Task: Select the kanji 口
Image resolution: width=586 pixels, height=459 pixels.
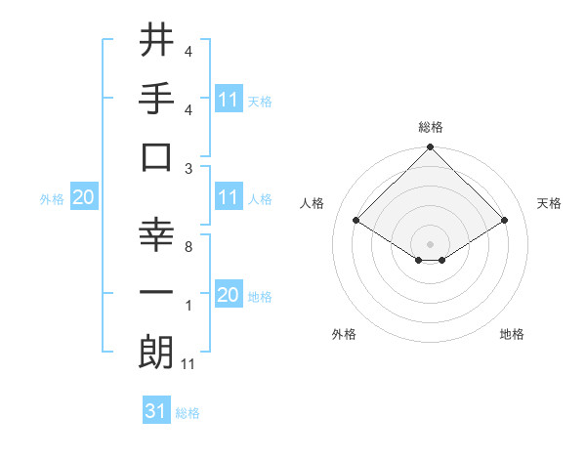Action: (157, 156)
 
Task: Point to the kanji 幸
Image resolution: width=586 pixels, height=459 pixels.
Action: (157, 234)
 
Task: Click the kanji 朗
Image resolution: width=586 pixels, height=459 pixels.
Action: (157, 352)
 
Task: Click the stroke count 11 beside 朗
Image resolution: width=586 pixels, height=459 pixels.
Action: (189, 364)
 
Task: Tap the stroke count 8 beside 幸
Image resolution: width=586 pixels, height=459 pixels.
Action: (188, 247)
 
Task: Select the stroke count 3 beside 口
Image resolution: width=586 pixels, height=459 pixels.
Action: (188, 168)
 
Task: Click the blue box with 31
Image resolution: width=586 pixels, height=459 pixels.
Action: (156, 411)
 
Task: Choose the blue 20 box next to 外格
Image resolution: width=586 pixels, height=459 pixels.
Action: (83, 197)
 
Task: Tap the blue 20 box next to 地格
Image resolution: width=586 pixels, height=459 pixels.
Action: (229, 295)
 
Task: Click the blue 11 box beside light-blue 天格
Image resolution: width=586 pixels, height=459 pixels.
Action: (229, 99)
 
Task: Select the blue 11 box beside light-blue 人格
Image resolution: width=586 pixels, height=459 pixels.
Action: (229, 197)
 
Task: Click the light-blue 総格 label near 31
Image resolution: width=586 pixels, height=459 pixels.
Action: (188, 413)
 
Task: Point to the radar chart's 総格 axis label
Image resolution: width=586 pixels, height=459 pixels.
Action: (430, 127)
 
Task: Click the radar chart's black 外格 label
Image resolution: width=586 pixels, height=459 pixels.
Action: (344, 334)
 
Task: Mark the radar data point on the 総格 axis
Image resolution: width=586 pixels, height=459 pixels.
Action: (430, 148)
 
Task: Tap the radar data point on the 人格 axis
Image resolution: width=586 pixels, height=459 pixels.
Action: (356, 220)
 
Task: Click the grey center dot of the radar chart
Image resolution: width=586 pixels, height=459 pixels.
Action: (430, 243)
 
